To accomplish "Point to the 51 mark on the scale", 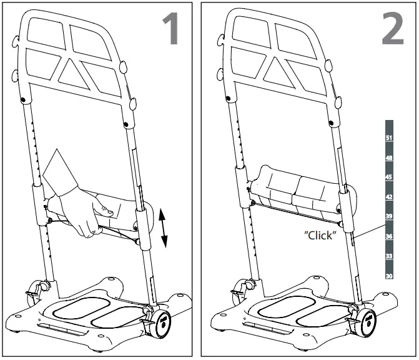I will tap(388, 138).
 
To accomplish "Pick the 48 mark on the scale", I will tap(388, 158).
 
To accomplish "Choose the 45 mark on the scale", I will tap(388, 177).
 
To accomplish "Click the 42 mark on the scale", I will tap(388, 197).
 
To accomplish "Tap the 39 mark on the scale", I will tap(388, 216).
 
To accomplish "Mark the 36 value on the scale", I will tap(388, 236).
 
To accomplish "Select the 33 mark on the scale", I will tap(388, 256).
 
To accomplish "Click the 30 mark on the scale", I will tap(388, 276).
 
